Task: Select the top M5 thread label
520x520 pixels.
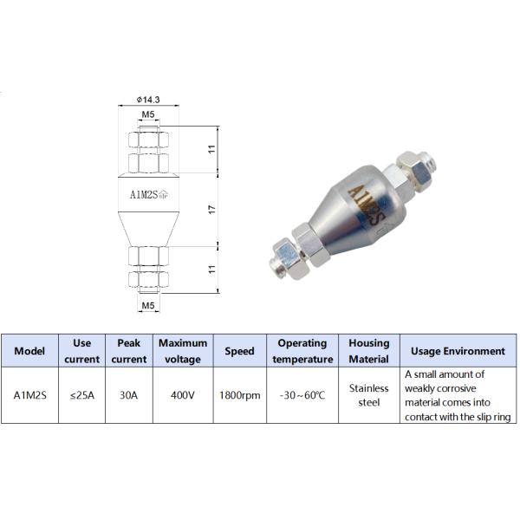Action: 148,114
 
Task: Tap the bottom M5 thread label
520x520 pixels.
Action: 148,306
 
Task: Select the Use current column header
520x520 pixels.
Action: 81,351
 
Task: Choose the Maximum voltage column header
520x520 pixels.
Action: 183,351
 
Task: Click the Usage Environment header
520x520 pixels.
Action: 458,351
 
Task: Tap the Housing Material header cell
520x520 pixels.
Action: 369,351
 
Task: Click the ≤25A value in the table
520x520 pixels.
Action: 81,395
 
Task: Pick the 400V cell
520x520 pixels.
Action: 183,395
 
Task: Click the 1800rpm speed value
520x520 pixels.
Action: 239,395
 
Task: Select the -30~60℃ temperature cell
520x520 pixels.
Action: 302,395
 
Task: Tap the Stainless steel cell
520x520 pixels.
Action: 369,395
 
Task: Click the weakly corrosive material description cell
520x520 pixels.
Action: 458,395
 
